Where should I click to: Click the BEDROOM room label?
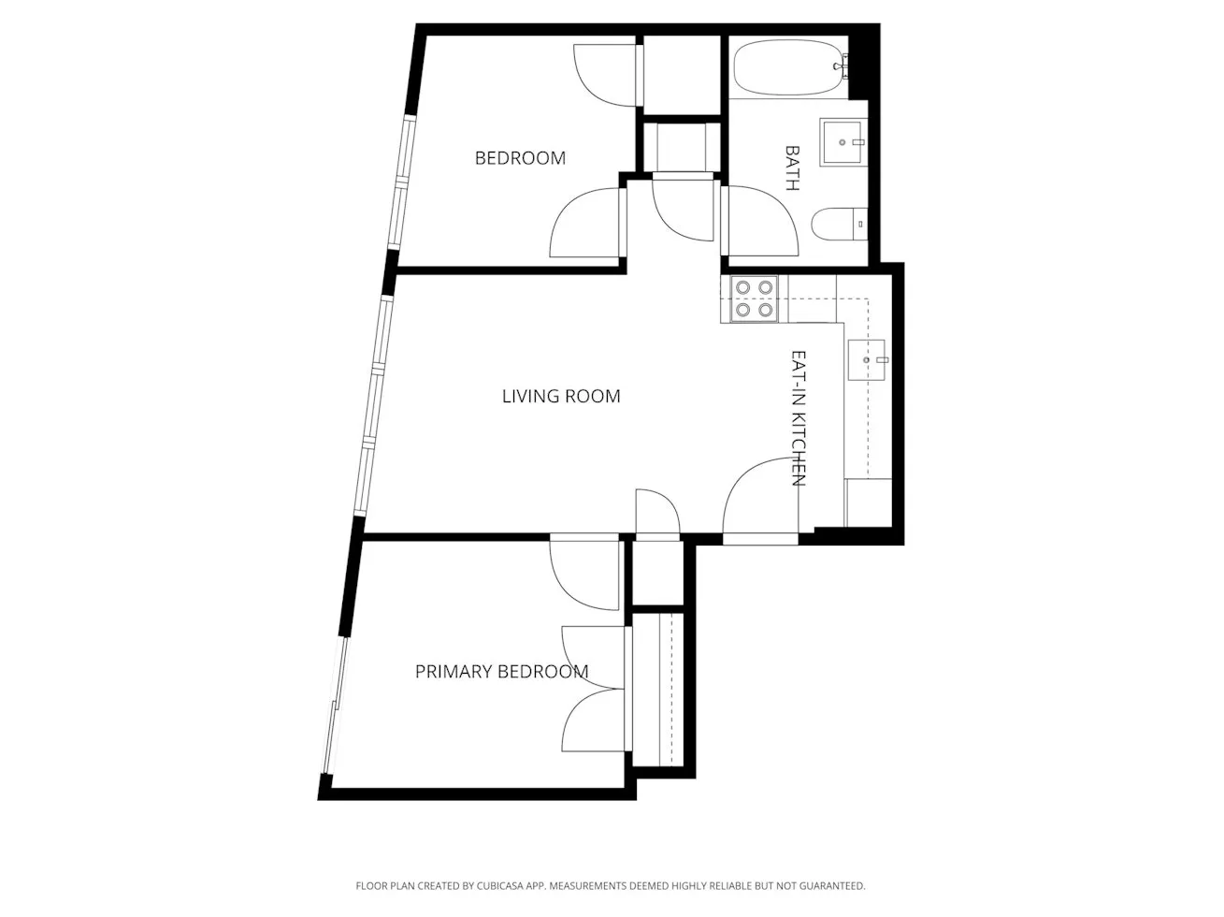click(x=520, y=158)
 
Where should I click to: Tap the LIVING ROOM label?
click(x=561, y=397)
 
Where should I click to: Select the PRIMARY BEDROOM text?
click(x=501, y=672)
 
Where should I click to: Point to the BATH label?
click(x=792, y=167)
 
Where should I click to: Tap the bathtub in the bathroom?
click(x=790, y=67)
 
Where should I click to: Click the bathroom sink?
click(x=844, y=142)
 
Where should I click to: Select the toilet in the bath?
click(x=839, y=225)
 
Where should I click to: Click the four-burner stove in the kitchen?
click(x=754, y=299)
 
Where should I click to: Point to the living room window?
click(x=375, y=402)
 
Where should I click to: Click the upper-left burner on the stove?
click(x=742, y=288)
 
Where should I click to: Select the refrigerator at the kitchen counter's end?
click(x=869, y=503)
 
